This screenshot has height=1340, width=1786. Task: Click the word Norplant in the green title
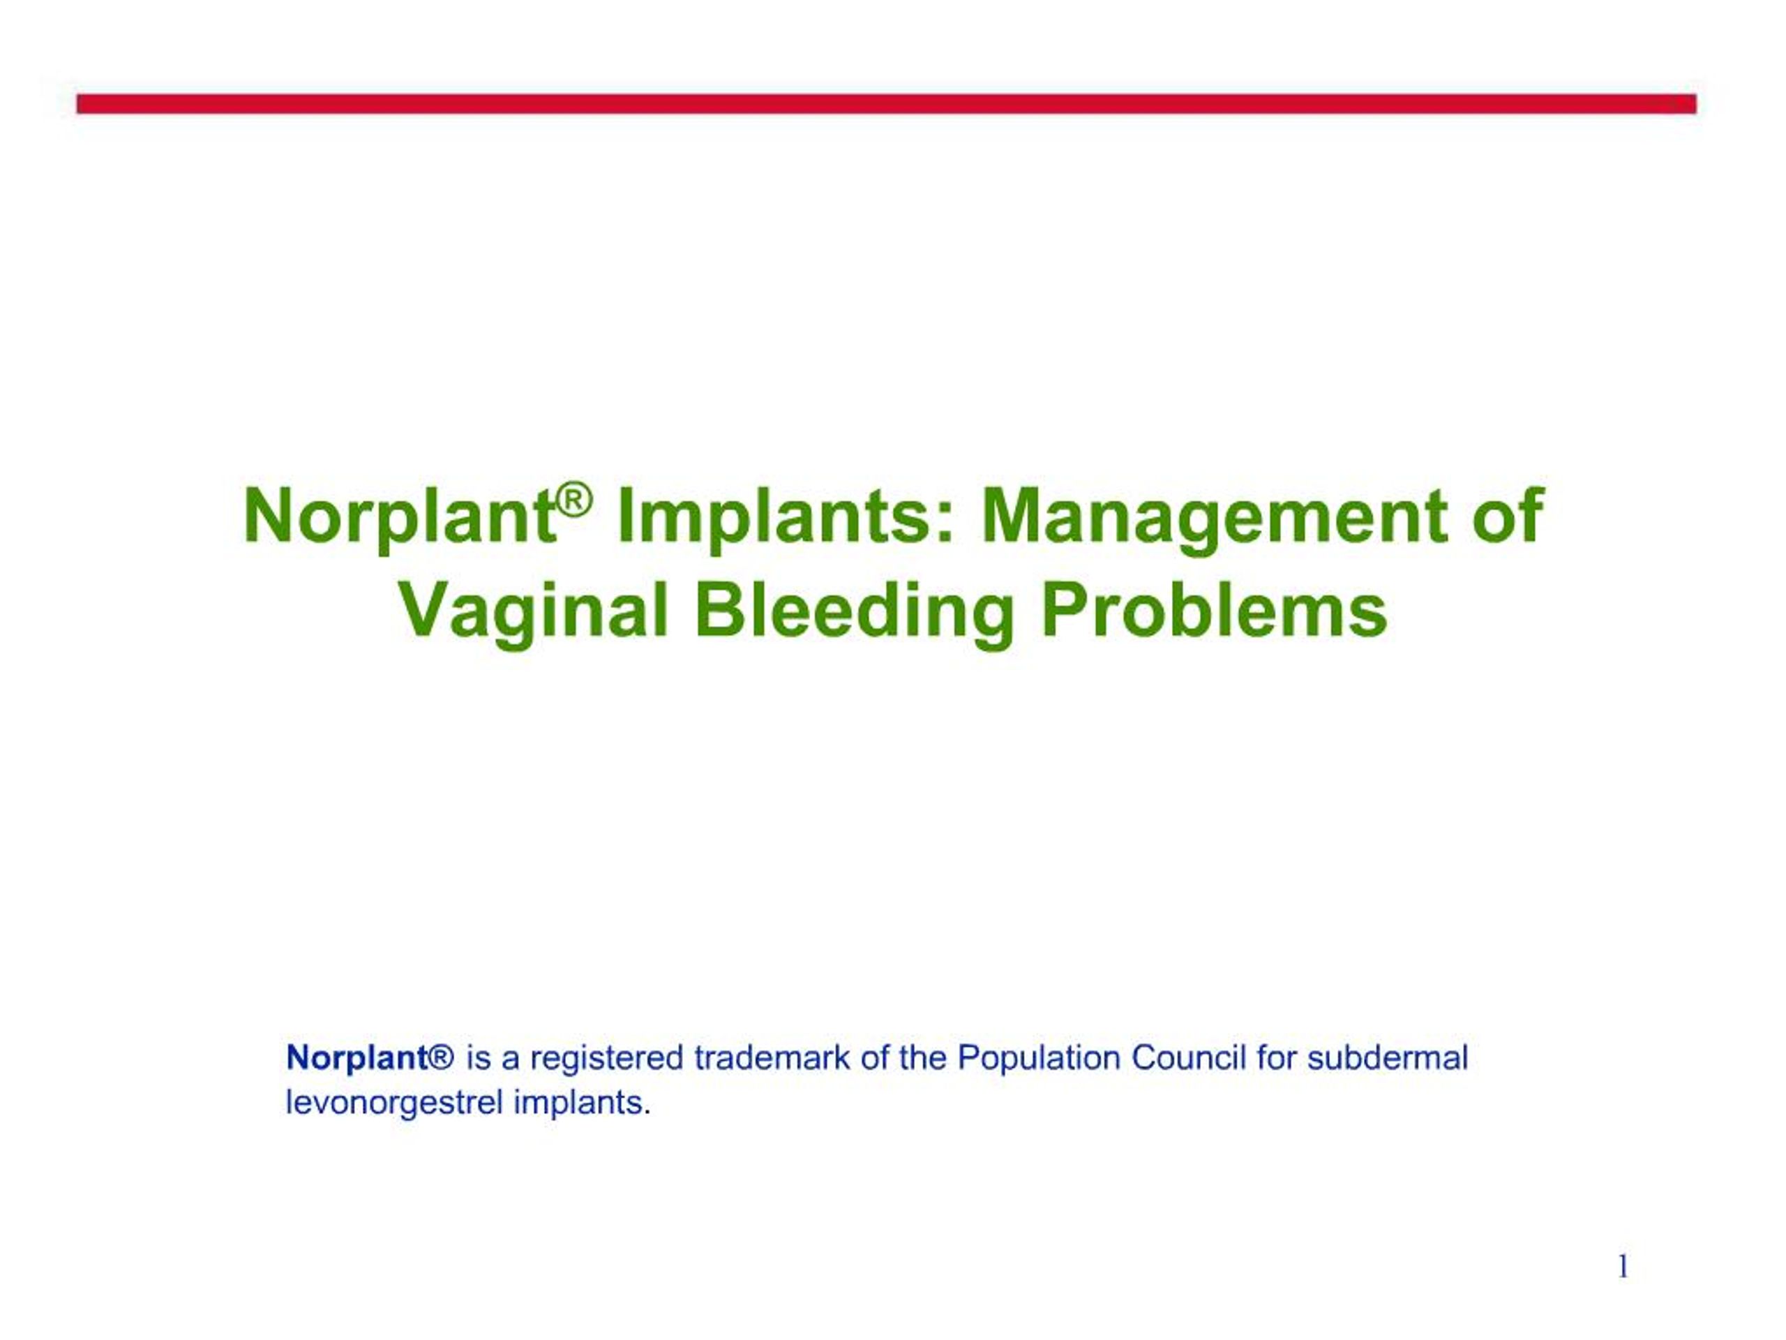click(400, 518)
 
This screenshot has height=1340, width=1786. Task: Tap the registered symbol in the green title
click(575, 502)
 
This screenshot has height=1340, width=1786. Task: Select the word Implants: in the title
click(784, 518)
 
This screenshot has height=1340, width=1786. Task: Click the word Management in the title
click(1213, 518)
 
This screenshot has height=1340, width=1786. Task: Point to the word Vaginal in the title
click(534, 611)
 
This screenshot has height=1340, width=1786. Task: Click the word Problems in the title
click(1213, 611)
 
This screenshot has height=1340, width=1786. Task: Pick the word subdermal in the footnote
click(1387, 1058)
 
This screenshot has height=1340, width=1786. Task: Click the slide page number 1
click(1623, 1267)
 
